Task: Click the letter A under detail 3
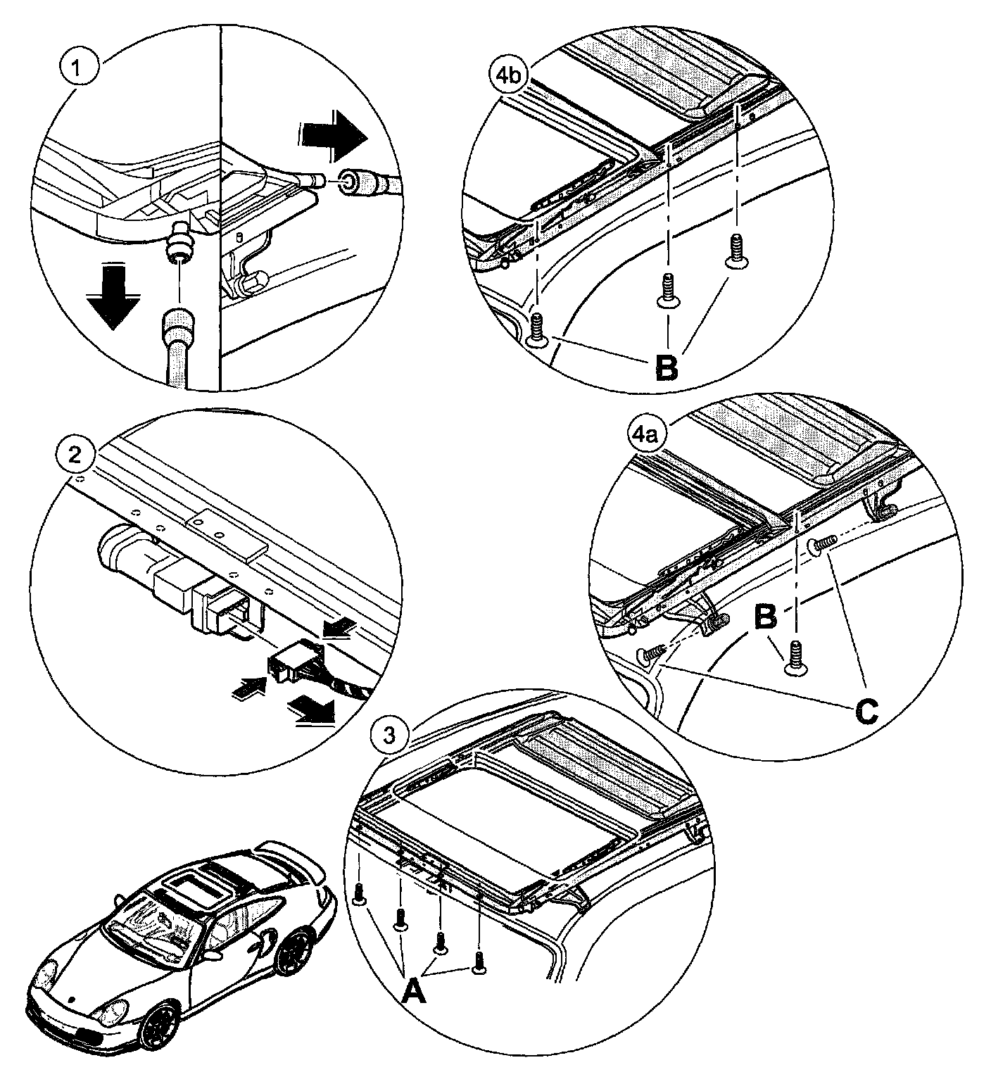pos(414,993)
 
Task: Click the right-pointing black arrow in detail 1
pos(333,137)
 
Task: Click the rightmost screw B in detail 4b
pos(736,251)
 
